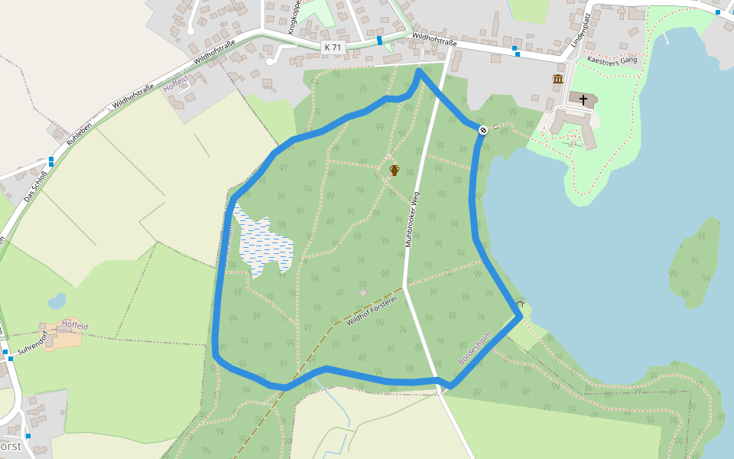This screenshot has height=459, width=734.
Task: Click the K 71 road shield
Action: (x=333, y=47)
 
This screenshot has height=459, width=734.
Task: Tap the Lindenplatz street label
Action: (x=581, y=30)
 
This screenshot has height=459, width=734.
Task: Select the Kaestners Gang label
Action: (x=612, y=60)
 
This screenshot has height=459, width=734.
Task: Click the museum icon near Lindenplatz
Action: (x=558, y=79)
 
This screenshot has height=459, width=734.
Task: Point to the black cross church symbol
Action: (x=583, y=99)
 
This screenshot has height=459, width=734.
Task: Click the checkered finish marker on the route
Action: (x=483, y=130)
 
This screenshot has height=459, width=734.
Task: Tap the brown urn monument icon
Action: (x=395, y=170)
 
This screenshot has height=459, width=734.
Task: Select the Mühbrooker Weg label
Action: (x=413, y=218)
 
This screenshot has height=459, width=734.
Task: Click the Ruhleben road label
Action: (x=79, y=133)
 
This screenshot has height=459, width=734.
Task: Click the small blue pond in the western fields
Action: (x=57, y=301)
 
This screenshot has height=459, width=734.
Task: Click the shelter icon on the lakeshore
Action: (x=521, y=303)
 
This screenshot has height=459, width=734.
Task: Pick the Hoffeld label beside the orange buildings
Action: (x=75, y=326)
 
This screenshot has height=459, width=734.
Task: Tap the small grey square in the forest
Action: (x=363, y=292)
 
